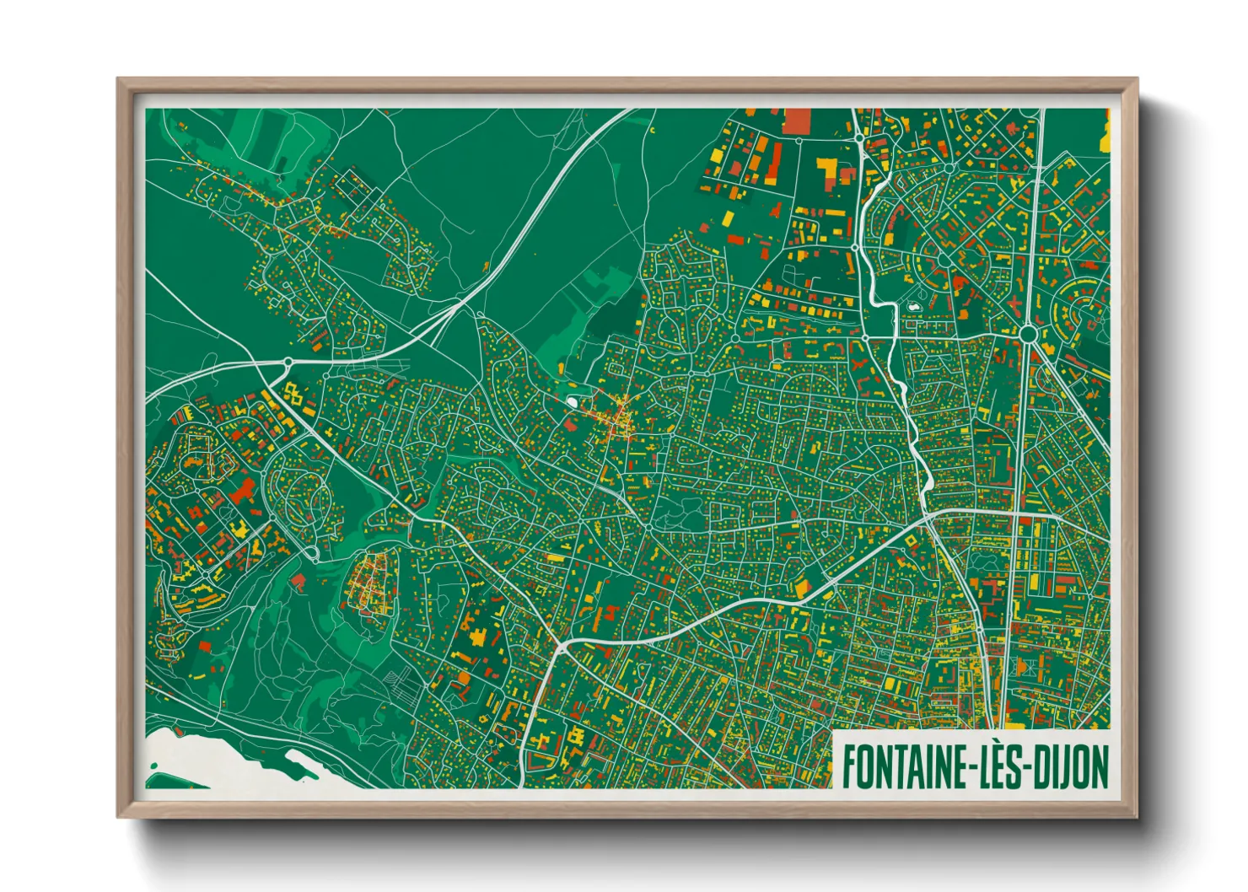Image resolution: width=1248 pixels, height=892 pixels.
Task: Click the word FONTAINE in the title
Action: pos(902,766)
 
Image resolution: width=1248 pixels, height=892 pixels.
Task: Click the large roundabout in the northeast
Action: pos(1027,335)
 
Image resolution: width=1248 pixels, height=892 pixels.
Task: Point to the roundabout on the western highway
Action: pos(288,362)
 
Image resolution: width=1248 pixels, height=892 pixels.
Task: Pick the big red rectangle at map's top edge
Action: pos(796,121)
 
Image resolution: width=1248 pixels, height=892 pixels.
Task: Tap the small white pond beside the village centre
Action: pos(573,402)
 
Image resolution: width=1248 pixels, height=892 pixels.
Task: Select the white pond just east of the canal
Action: pos(912,307)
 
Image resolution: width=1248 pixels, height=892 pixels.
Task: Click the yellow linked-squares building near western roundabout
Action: pos(293,392)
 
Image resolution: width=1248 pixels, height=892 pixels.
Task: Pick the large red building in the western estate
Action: pos(244,489)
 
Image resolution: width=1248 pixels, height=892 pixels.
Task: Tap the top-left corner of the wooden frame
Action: pos(119,80)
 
